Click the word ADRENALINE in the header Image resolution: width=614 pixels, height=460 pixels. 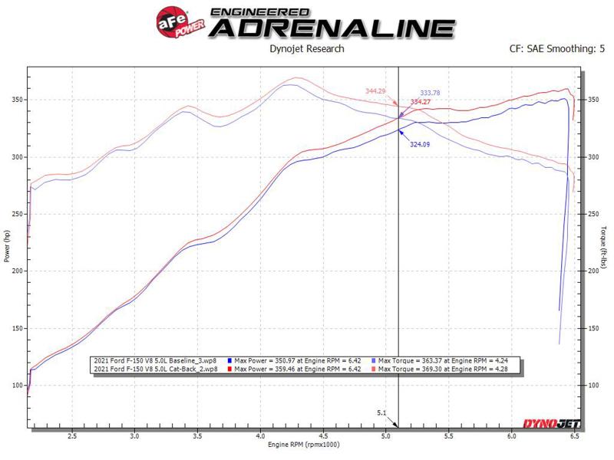point(332,28)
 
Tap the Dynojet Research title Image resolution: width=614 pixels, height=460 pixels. point(307,49)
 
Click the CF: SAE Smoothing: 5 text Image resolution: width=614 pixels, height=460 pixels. point(552,49)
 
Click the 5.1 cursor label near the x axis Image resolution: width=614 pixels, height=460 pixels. point(381,413)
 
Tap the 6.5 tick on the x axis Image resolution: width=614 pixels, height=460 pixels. point(574,436)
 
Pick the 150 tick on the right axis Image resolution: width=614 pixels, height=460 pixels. point(592,328)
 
